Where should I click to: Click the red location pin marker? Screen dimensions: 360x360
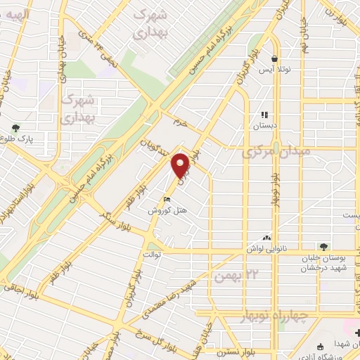(x=181, y=166)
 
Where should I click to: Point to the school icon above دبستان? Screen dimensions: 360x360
(x=265, y=115)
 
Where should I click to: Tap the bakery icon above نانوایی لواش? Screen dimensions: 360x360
(x=266, y=239)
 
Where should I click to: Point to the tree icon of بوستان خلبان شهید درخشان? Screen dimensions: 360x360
(x=323, y=247)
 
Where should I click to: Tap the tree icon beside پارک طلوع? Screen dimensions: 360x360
(x=15, y=128)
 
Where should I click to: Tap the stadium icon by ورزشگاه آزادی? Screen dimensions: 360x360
(x=320, y=345)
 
